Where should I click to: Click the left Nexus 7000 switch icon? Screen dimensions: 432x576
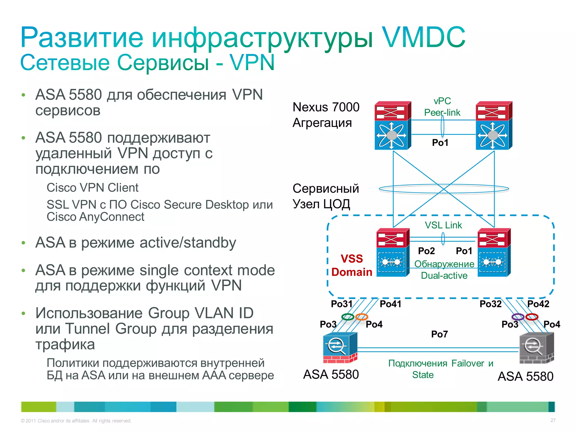[x=393, y=125]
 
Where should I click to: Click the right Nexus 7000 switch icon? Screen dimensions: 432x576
[x=494, y=125]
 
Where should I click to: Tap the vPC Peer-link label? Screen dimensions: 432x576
[x=442, y=107]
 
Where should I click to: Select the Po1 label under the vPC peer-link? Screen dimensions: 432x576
[x=440, y=143]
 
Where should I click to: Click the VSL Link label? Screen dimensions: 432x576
[x=443, y=225]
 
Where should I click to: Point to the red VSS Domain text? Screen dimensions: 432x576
[x=352, y=265]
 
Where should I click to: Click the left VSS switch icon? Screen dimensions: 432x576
[x=393, y=253]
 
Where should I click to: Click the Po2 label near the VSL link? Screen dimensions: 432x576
[x=426, y=251]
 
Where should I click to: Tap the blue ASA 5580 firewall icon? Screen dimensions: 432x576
[x=340, y=348]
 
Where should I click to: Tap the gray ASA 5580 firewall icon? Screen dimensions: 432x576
[x=536, y=348]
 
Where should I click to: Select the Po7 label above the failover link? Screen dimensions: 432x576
[x=439, y=334]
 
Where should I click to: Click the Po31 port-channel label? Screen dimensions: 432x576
[x=341, y=304]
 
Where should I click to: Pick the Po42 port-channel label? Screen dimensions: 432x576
[x=538, y=304]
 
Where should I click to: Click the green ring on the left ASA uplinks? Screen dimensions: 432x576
[x=348, y=317]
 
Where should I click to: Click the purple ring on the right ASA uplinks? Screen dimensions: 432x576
[x=518, y=317]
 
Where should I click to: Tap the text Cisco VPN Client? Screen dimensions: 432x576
[x=93, y=188]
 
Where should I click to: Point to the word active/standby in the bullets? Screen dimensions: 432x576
[x=188, y=242]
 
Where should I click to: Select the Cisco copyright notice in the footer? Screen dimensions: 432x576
[x=76, y=421]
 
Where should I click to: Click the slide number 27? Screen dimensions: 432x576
[x=553, y=420]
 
